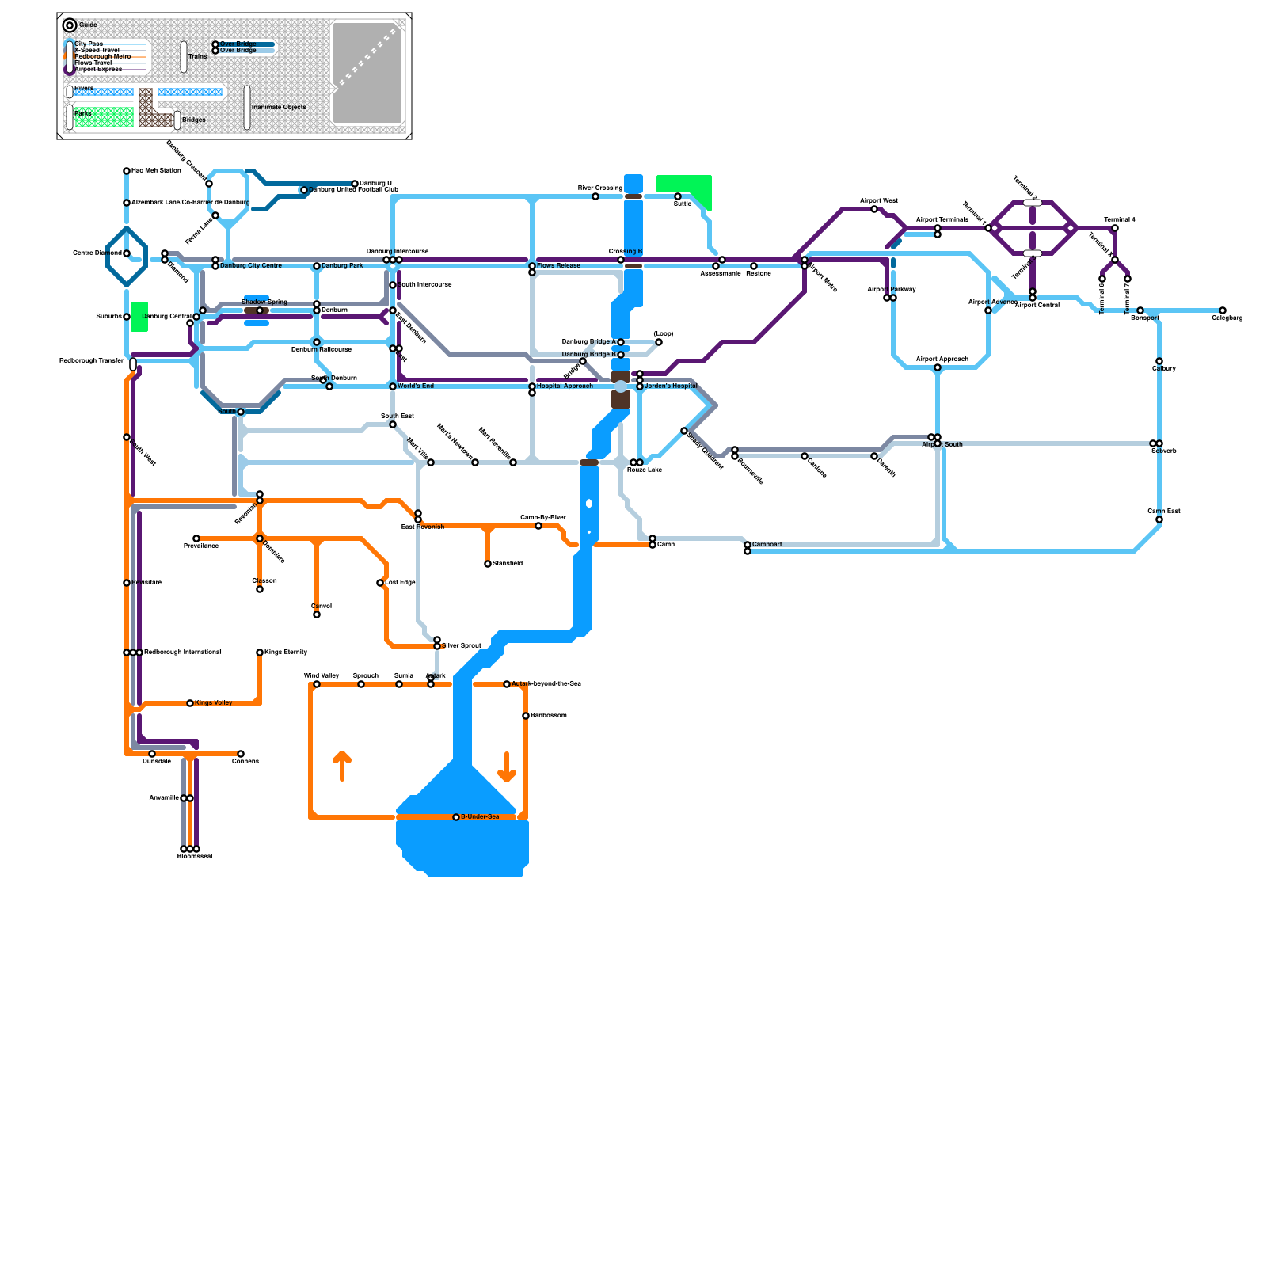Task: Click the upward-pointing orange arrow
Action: click(x=342, y=766)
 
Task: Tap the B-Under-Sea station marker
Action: click(x=456, y=817)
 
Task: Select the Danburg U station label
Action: click(x=375, y=184)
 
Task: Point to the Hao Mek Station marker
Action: click(x=127, y=171)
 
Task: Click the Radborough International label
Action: click(x=183, y=653)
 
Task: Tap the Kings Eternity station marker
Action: click(x=260, y=653)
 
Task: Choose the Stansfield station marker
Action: click(x=488, y=564)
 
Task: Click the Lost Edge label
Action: click(x=400, y=583)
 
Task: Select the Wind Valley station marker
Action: click(x=317, y=684)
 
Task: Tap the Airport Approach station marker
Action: click(x=938, y=367)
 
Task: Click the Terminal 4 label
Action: click(x=1120, y=219)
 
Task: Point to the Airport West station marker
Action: click(x=874, y=209)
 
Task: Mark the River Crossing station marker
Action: click(x=595, y=196)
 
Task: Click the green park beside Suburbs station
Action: click(x=139, y=317)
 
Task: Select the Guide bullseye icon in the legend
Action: click(x=70, y=25)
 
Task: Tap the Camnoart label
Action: click(x=767, y=544)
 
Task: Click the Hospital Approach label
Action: click(x=565, y=386)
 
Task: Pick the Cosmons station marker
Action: click(x=241, y=754)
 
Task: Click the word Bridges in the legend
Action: click(x=194, y=120)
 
